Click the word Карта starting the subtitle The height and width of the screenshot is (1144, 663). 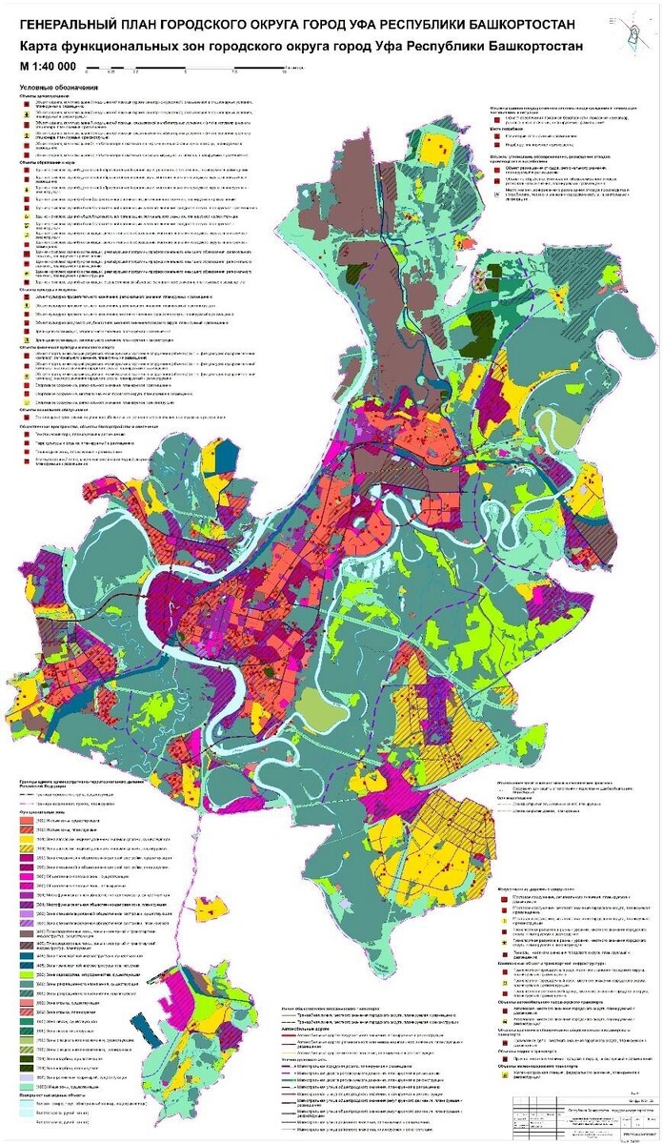41,47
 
